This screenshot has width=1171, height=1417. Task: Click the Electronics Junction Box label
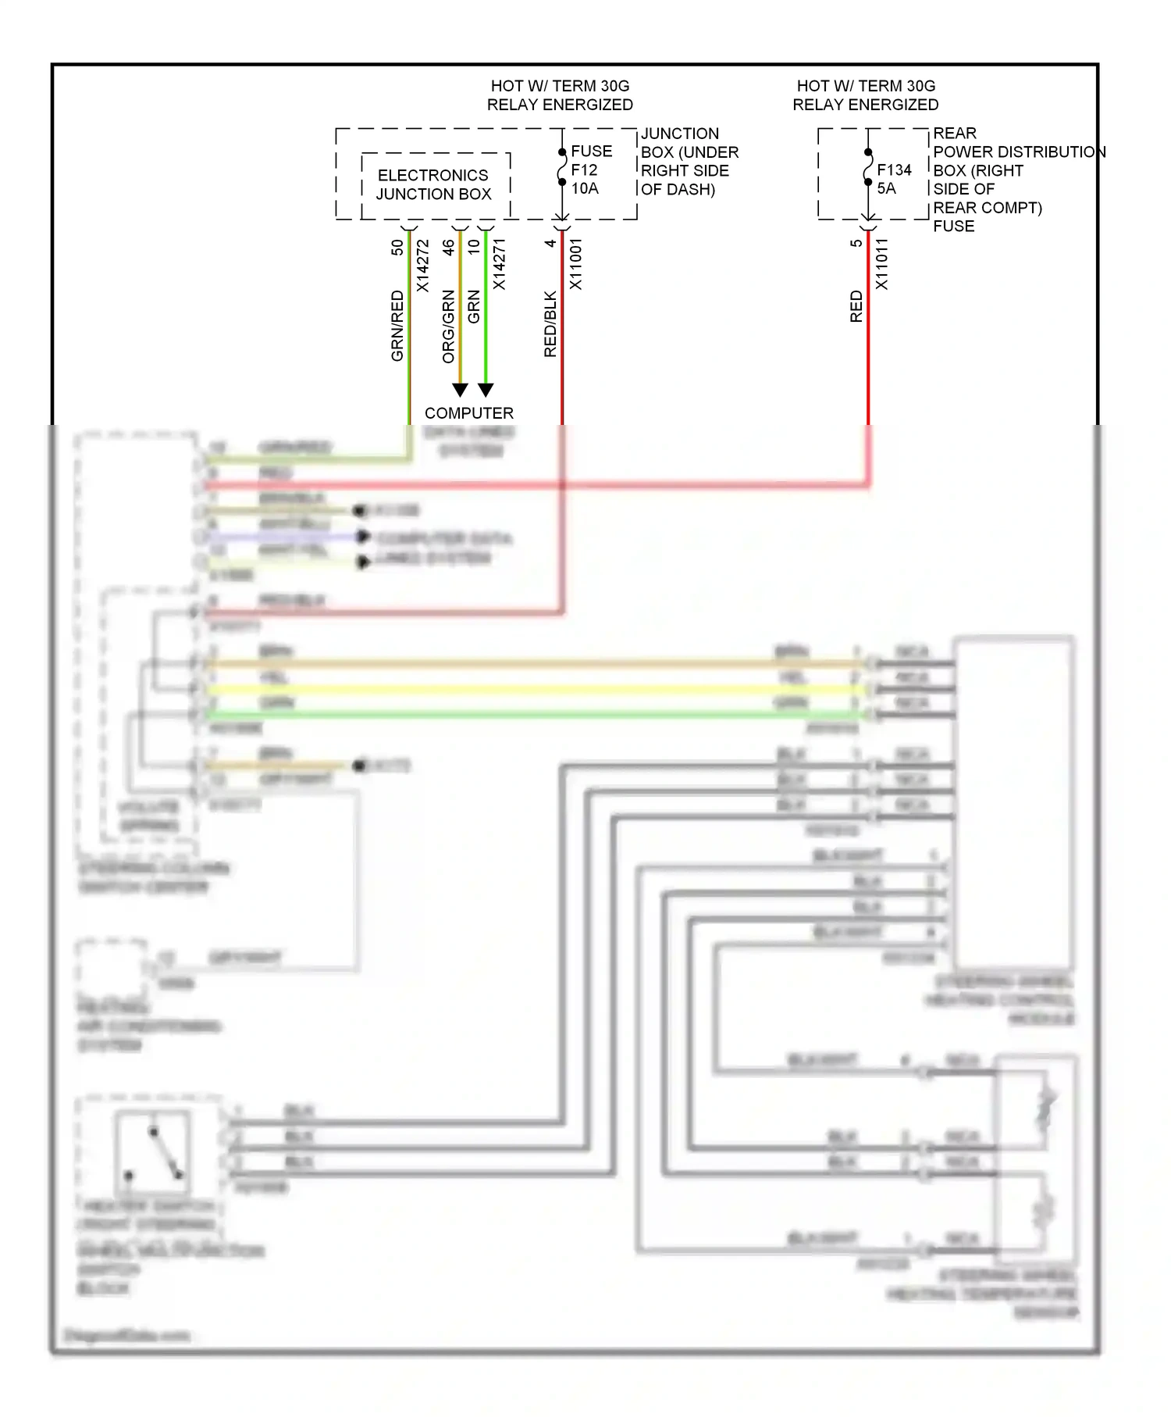point(433,184)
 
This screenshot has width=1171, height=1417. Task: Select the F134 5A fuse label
point(893,179)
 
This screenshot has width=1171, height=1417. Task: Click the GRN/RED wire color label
point(397,326)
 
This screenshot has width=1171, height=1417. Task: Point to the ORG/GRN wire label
point(448,327)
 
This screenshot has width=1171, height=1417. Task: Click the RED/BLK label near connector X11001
point(550,324)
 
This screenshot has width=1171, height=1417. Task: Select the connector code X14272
point(422,266)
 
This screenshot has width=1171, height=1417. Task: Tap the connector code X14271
point(499,264)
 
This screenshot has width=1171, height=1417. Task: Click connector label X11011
point(881,264)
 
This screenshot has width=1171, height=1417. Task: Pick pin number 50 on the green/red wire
point(397,247)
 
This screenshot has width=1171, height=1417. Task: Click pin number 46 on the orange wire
point(448,247)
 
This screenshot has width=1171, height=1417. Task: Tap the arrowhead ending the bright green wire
point(486,389)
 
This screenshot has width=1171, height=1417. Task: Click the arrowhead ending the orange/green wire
point(461,389)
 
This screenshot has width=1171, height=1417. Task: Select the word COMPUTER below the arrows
point(468,412)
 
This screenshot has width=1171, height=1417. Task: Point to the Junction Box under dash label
point(687,161)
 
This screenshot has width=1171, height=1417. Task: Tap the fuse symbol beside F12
point(562,167)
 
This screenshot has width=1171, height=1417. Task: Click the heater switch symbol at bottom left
point(154,1152)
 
